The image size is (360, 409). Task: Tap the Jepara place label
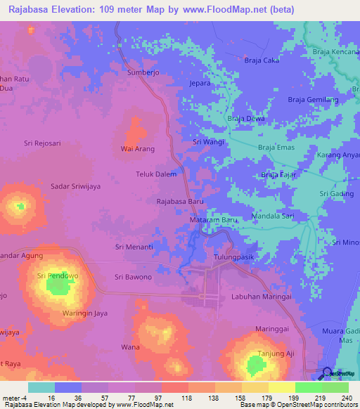coord(202,83)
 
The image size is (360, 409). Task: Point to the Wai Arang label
coord(138,149)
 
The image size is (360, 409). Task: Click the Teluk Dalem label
coord(155,174)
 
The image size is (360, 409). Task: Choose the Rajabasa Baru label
coord(179,201)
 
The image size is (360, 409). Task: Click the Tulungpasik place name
coord(233,257)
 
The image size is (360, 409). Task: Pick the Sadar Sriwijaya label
coord(77,186)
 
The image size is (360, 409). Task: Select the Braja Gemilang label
coord(314,100)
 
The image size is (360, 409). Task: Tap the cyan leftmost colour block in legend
coord(41,387)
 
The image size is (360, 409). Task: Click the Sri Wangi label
coord(209,142)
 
